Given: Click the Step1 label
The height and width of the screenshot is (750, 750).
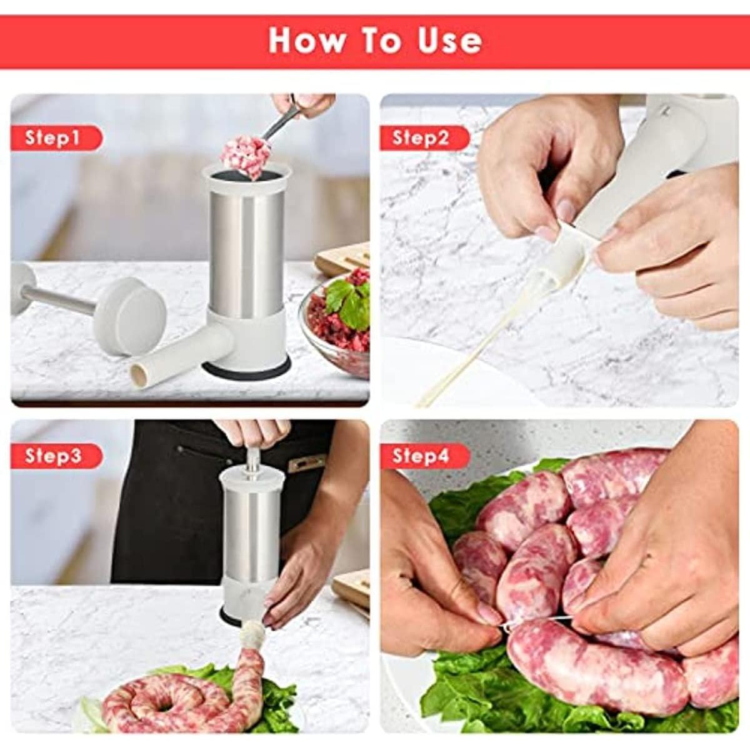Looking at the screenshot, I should tap(54, 137).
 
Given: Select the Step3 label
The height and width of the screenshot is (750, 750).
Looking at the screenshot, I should tap(54, 456).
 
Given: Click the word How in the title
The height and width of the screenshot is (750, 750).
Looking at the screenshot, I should tap(306, 40).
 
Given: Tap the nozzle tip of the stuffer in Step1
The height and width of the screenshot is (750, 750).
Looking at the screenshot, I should tap(139, 374).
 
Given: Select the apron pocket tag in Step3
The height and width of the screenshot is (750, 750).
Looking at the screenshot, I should tap(307, 463).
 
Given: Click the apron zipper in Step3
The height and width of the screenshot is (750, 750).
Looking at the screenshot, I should tap(200, 449).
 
